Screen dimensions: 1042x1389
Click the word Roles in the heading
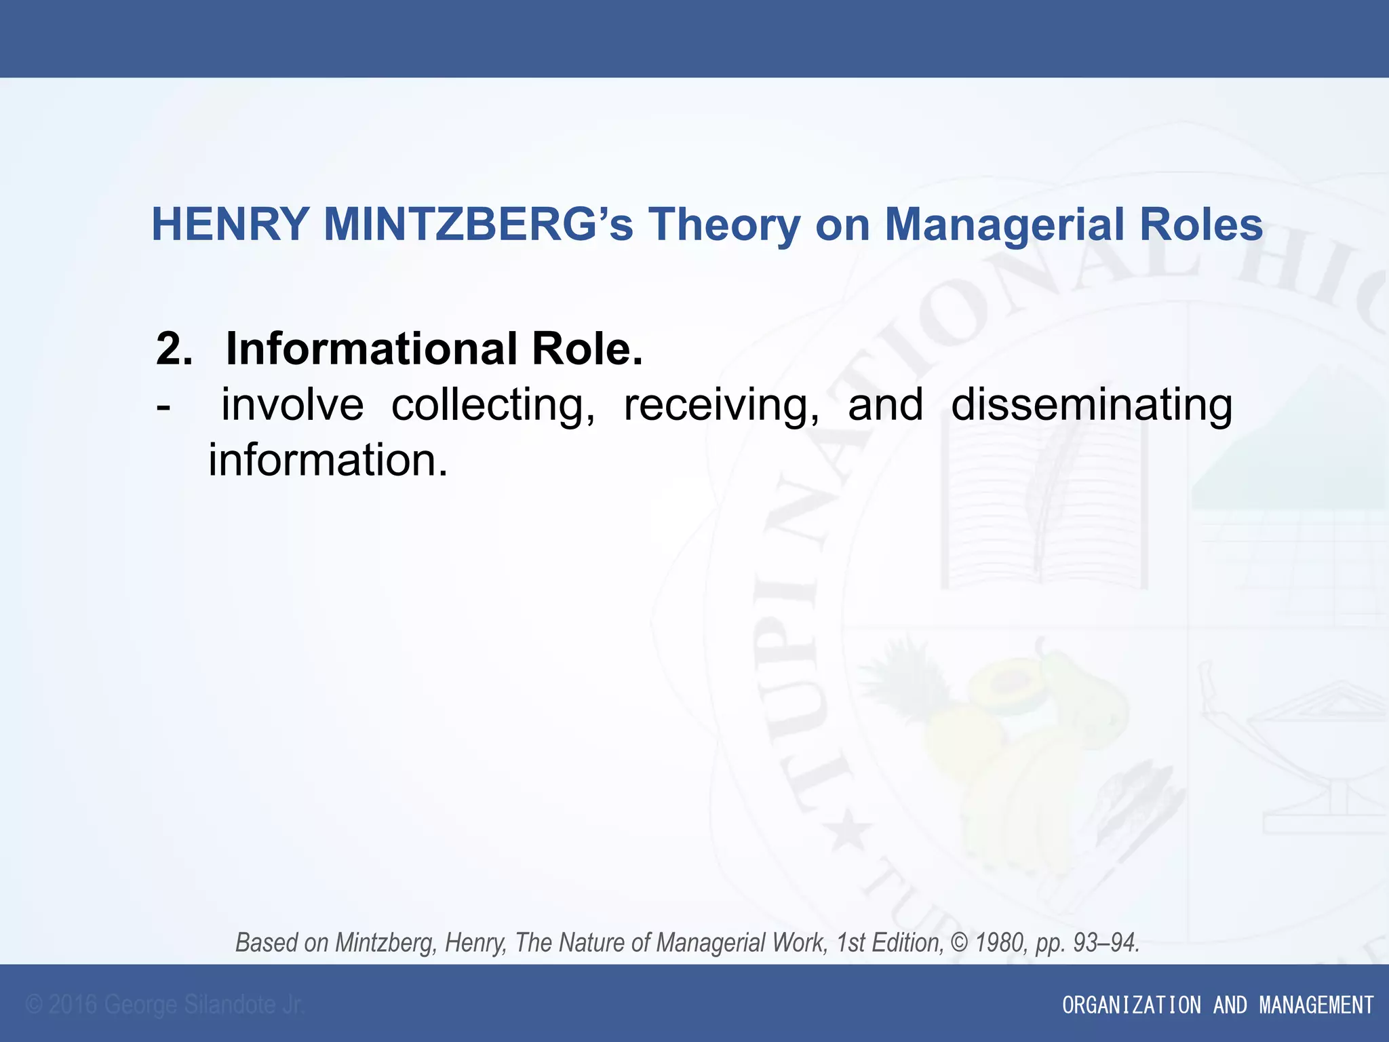1201,225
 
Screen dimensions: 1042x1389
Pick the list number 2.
174,349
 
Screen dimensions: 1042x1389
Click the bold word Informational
371,349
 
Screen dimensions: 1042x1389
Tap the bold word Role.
587,349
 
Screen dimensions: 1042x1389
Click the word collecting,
494,406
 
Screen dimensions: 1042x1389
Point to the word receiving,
722,406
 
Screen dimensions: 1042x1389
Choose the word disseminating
1092,406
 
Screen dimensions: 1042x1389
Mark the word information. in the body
328,461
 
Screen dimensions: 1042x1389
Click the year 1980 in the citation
1002,943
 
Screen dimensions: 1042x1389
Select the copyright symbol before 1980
960,943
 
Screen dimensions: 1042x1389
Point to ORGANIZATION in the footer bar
1131,1005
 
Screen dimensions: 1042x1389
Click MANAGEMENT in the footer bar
1316,1005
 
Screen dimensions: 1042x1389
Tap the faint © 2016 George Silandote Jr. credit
165,1005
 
